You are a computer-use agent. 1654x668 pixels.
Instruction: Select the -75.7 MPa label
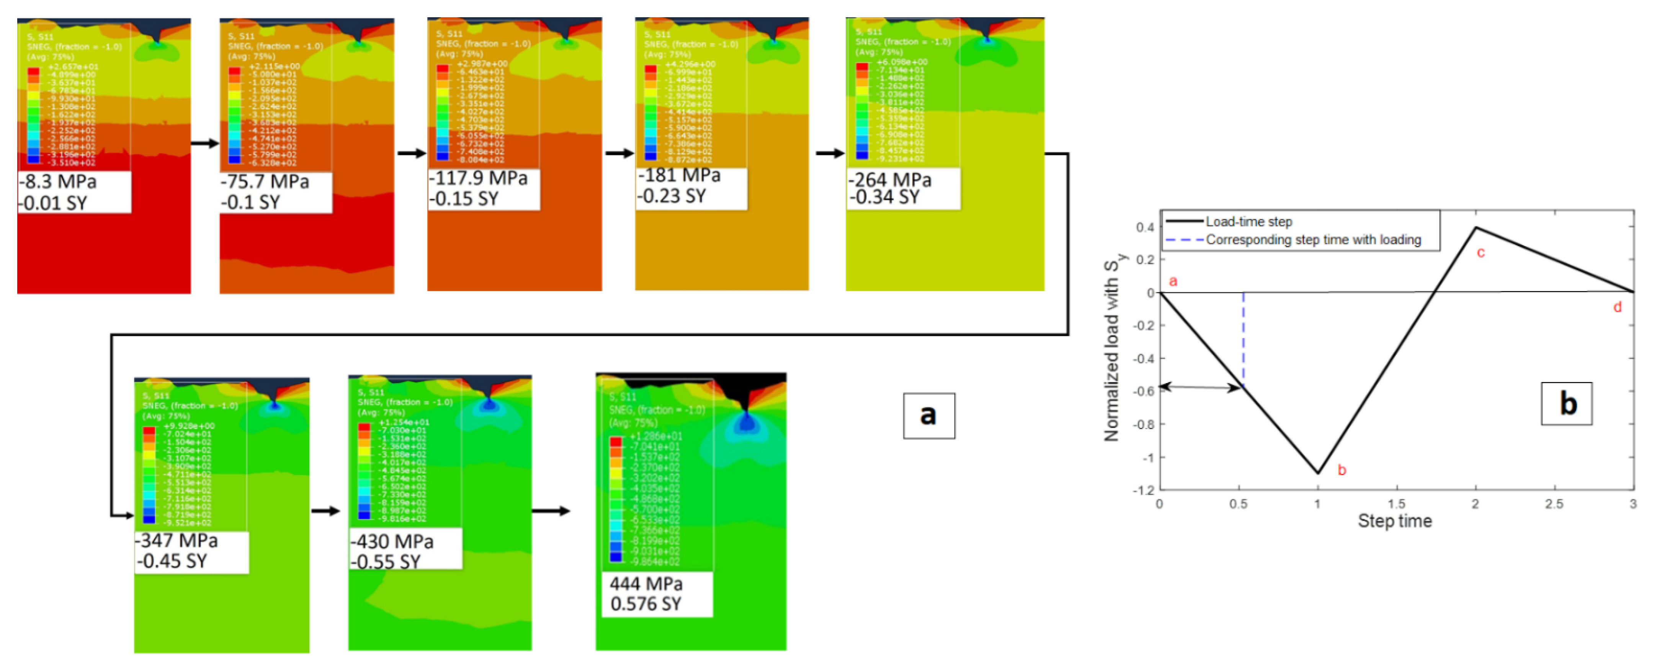(x=265, y=181)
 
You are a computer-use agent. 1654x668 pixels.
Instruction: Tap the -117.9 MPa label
(x=478, y=178)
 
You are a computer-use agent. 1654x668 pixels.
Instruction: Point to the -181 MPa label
(x=679, y=175)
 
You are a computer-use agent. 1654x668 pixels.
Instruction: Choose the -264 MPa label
(x=890, y=180)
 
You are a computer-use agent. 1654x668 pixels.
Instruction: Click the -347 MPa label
(x=177, y=540)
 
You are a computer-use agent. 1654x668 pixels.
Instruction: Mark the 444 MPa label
(x=646, y=583)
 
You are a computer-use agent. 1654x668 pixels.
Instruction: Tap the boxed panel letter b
(x=1567, y=403)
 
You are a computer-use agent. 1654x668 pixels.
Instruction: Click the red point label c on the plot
(x=1481, y=253)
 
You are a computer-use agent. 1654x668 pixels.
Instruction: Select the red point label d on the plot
(x=1617, y=307)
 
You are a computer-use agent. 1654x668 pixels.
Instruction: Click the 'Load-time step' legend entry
(x=1248, y=221)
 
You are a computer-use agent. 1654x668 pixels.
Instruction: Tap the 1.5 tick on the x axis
(x=1396, y=504)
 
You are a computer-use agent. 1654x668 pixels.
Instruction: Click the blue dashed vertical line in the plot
(x=1243, y=340)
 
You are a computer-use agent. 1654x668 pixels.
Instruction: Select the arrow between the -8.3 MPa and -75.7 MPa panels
(x=205, y=143)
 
